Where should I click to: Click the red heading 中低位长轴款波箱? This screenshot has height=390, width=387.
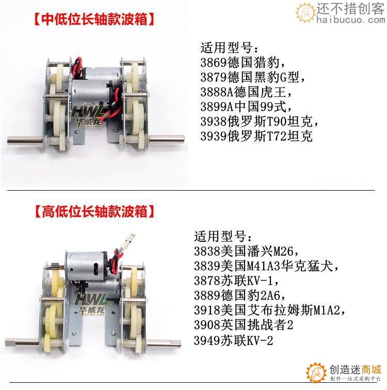coord(94,20)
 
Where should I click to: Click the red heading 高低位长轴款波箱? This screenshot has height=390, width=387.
coord(94,211)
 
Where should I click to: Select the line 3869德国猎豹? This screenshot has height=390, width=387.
coord(243,63)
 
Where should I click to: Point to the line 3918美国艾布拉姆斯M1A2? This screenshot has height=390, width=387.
coord(269,311)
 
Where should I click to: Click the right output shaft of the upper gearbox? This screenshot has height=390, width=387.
coord(168,138)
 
